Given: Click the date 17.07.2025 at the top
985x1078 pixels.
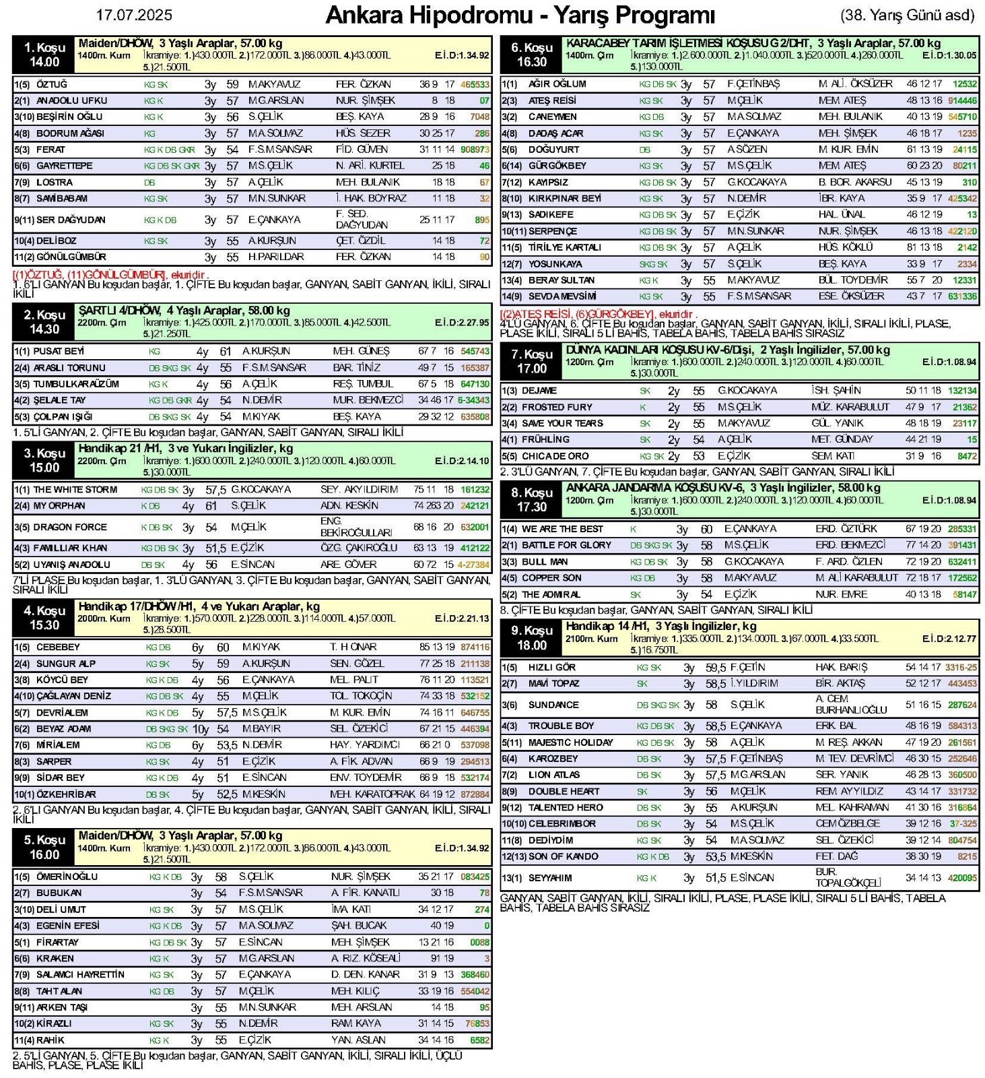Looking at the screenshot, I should [x=134, y=15].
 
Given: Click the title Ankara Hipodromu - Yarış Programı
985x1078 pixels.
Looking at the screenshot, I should [x=520, y=15].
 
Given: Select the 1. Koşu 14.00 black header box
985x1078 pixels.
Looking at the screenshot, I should [x=44, y=55].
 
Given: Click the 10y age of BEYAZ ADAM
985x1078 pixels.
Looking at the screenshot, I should [x=201, y=729].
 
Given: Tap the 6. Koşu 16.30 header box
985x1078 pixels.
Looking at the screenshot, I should [x=531, y=55].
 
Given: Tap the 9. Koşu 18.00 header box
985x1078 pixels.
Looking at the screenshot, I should [x=531, y=637].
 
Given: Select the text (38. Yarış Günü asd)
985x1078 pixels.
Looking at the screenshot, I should [x=907, y=15].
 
